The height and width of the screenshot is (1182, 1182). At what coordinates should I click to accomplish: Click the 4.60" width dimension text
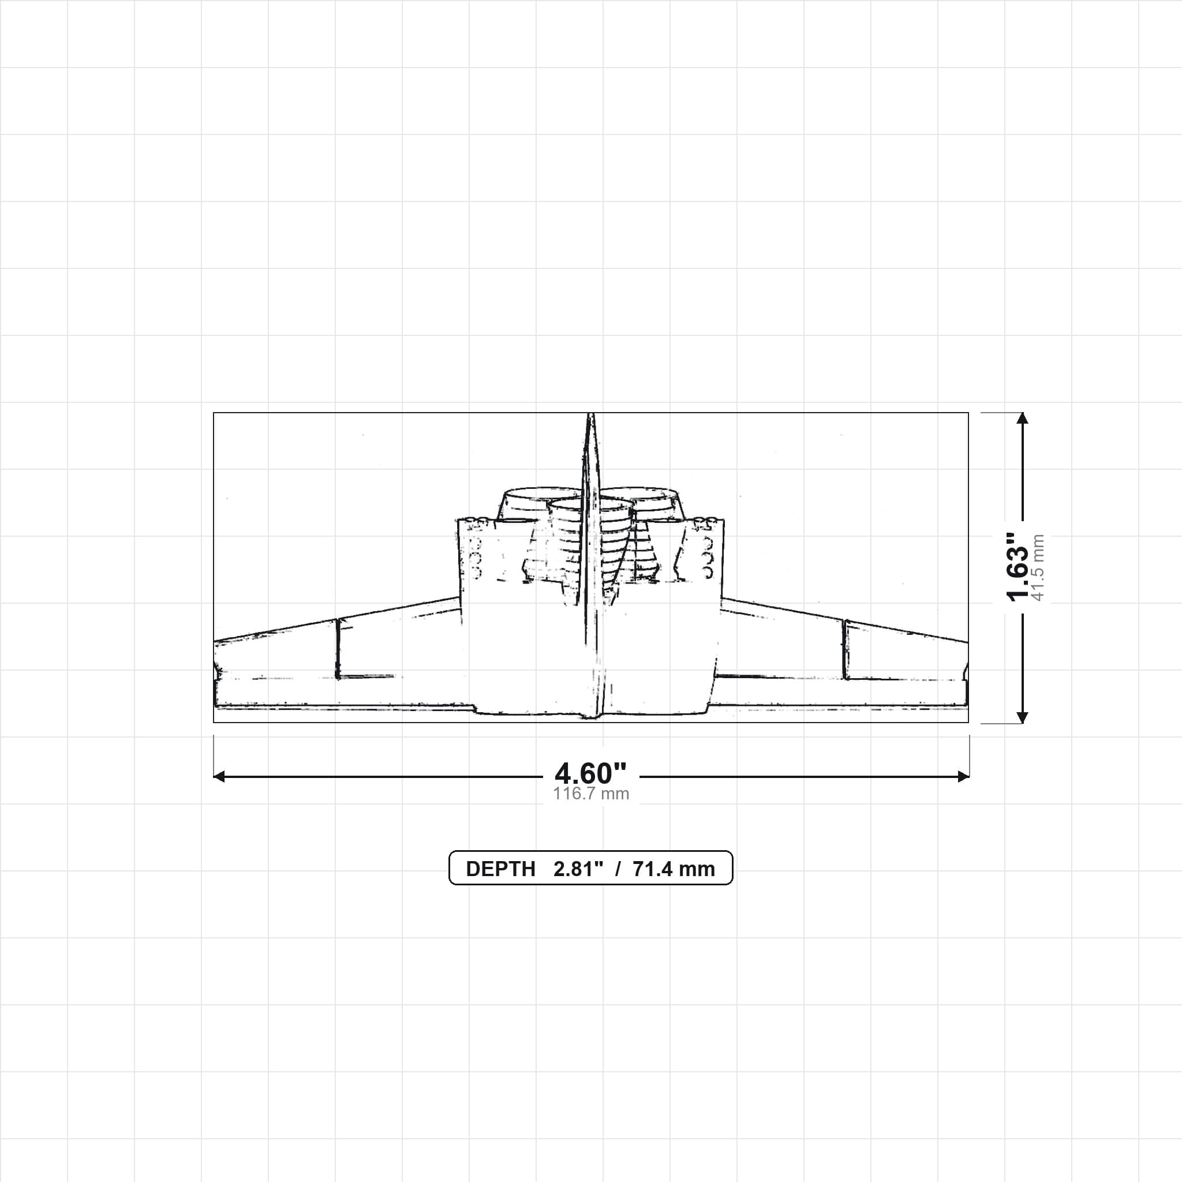click(591, 774)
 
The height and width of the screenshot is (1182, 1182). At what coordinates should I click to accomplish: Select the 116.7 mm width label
click(591, 794)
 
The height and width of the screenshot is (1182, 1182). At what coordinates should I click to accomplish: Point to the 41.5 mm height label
click(1038, 568)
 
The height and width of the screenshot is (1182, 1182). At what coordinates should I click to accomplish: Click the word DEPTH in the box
click(500, 869)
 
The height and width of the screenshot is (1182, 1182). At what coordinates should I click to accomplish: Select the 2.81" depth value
click(578, 869)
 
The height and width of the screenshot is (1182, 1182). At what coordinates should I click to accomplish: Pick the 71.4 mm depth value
click(674, 869)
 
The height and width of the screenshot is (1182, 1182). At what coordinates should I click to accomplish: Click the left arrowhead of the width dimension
click(219, 777)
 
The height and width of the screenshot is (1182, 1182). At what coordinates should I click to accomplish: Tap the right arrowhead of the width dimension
click(963, 777)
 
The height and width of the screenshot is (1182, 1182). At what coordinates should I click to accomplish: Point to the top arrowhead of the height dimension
click(1022, 418)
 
